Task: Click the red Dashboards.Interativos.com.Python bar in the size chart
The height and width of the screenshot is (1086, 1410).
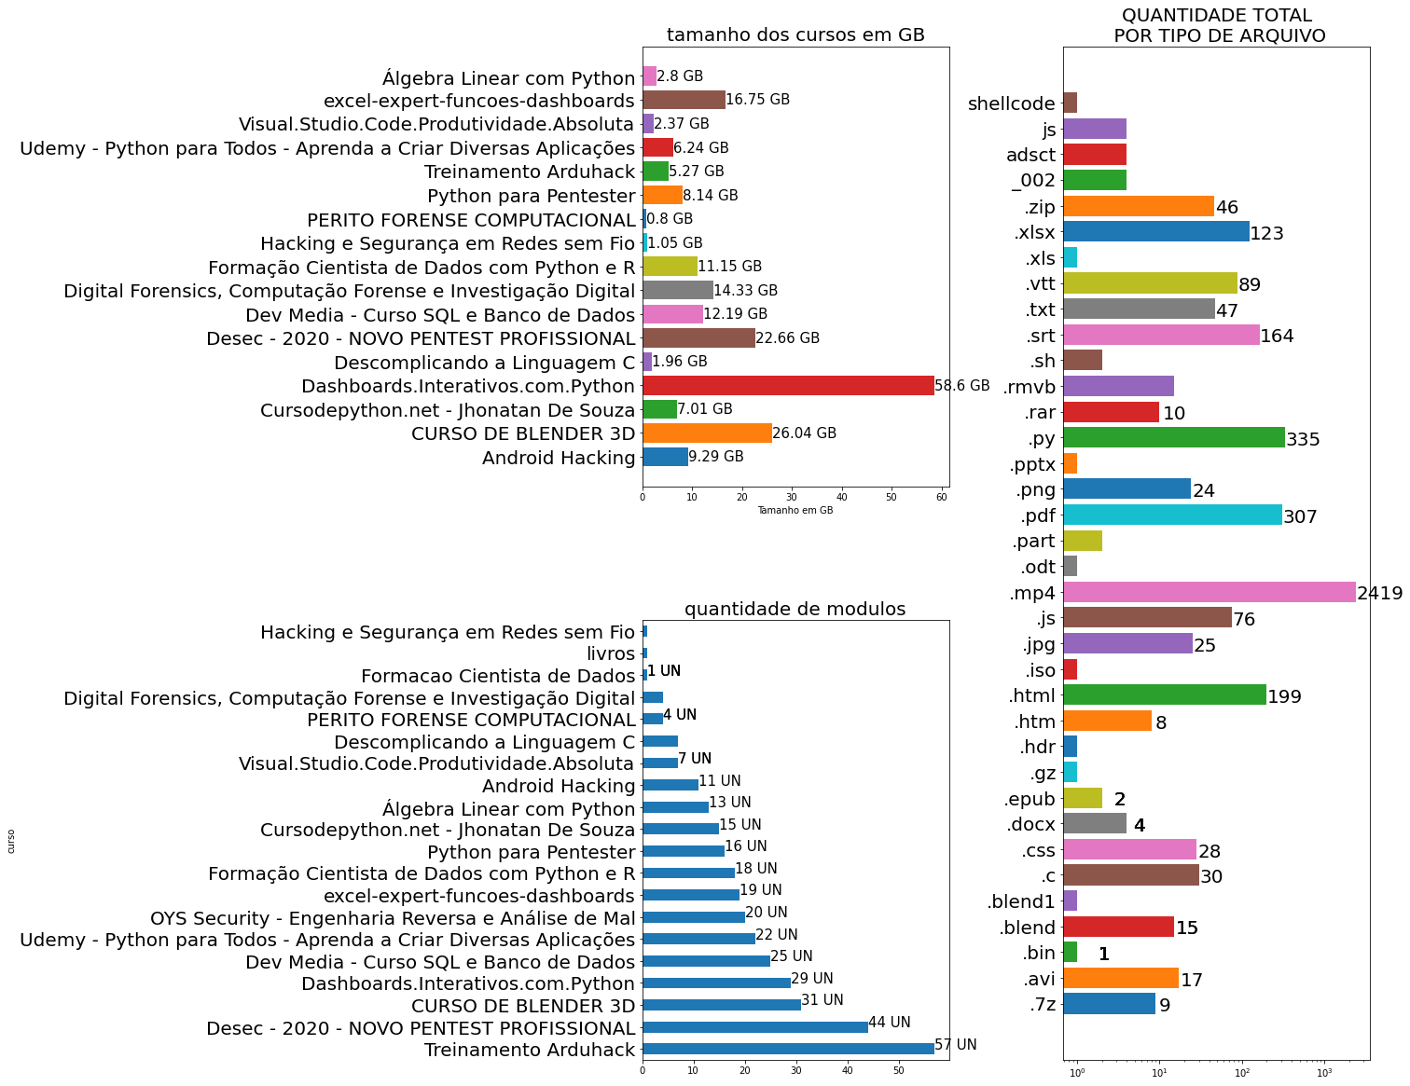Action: point(788,386)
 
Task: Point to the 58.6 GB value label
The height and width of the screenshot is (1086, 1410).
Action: point(962,386)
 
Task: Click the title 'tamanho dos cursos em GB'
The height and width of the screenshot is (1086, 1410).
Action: point(795,35)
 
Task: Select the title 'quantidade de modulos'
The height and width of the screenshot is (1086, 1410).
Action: point(795,610)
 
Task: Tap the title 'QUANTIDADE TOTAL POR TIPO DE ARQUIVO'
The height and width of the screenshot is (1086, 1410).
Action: point(1217,26)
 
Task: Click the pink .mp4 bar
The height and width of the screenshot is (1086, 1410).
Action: point(1209,592)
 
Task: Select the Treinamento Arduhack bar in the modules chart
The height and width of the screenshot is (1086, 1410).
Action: point(788,1049)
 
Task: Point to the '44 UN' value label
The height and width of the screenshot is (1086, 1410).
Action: point(890,1023)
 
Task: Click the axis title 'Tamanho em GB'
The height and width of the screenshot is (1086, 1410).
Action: point(795,511)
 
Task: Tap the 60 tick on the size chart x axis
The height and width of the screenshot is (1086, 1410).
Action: point(942,498)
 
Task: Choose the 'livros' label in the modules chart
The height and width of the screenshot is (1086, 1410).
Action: point(611,654)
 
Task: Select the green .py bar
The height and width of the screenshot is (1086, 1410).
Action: point(1173,438)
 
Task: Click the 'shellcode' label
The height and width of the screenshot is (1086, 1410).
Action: point(1012,103)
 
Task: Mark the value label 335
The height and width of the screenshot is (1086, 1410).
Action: point(1303,440)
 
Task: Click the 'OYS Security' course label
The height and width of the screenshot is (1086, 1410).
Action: point(393,918)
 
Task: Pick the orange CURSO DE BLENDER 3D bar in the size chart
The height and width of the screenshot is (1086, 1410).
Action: point(707,433)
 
